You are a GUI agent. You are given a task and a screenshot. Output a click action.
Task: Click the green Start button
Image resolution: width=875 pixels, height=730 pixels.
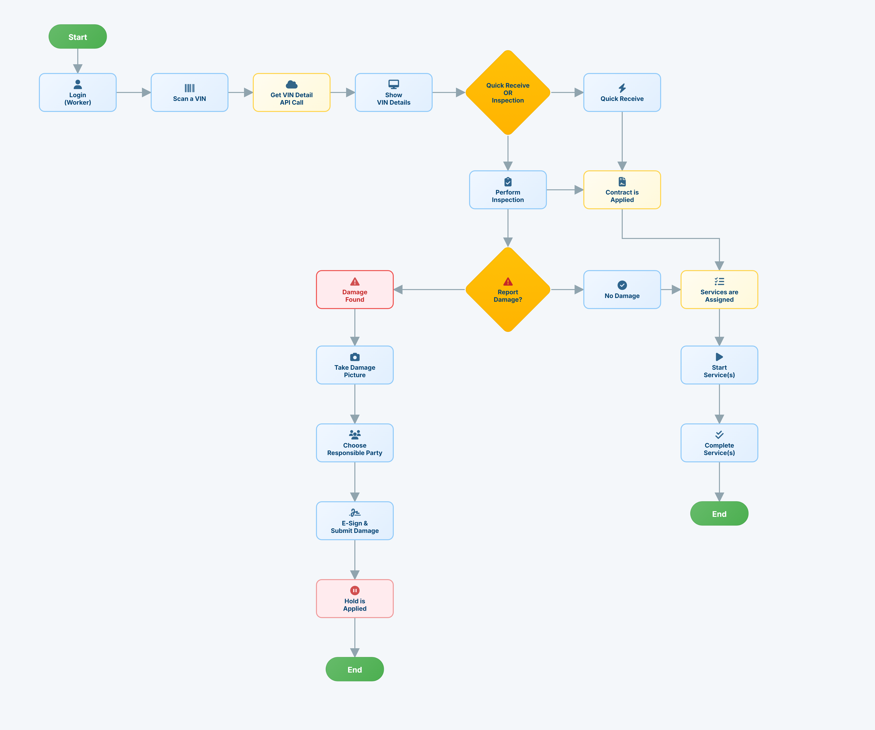pyautogui.click(x=77, y=37)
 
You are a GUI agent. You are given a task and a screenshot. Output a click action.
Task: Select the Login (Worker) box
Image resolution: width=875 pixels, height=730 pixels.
pyautogui.click(x=77, y=93)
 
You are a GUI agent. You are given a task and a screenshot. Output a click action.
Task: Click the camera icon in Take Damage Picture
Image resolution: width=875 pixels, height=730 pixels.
pyautogui.click(x=355, y=357)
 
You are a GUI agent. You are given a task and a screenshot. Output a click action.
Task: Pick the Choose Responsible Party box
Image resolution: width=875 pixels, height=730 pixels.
pyautogui.click(x=355, y=443)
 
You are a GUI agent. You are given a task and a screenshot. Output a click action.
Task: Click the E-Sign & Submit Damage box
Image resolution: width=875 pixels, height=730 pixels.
pyautogui.click(x=355, y=521)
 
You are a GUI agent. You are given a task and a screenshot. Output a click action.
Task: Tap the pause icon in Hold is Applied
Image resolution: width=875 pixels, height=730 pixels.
pyautogui.click(x=355, y=590)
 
